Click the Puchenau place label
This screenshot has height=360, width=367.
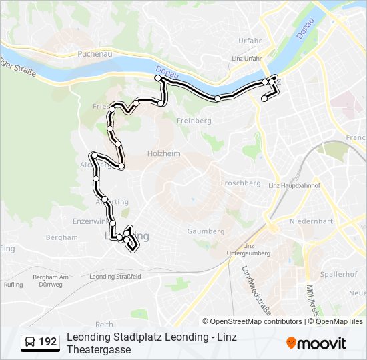click(93, 53)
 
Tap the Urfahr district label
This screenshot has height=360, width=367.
click(250, 41)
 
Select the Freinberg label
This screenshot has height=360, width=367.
click(194, 121)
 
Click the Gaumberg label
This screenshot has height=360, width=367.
click(206, 231)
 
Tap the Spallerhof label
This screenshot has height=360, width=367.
click(338, 274)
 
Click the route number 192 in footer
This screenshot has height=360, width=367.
click(47, 342)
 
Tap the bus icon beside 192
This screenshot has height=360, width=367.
click(31, 342)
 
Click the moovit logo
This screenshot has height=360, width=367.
click(316, 343)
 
